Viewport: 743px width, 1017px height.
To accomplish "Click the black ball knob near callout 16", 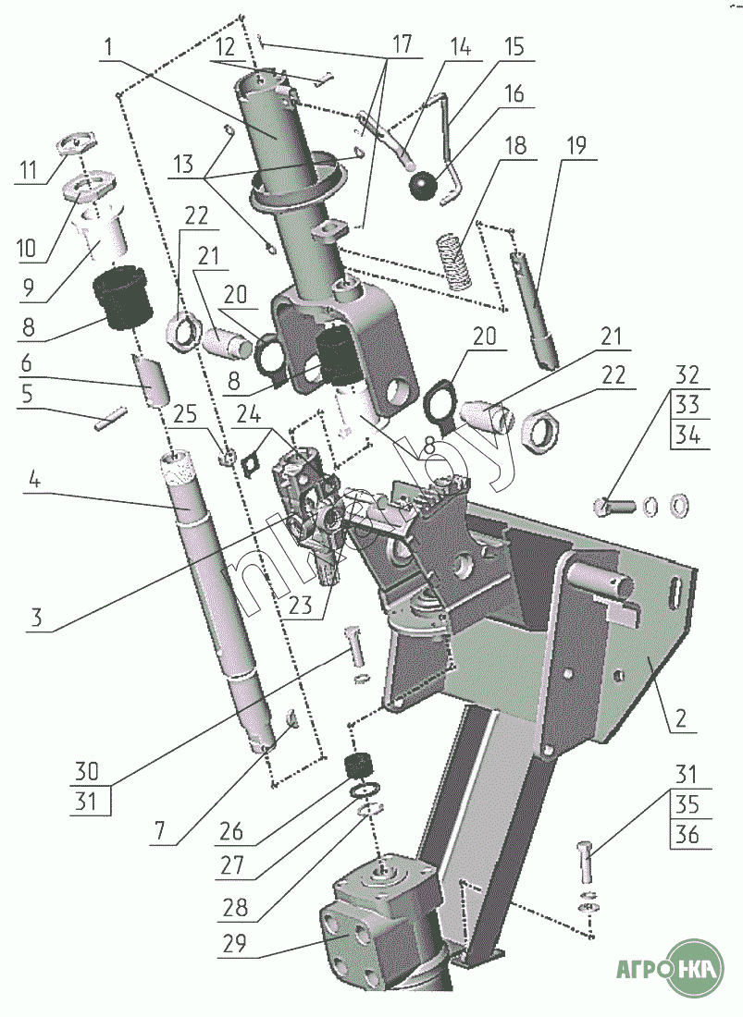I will coord(423,186).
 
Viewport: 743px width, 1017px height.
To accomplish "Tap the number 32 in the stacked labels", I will coord(686,376).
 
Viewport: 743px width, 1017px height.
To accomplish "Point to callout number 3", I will coord(36,618).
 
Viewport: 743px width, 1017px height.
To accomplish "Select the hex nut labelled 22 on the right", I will coord(539,431).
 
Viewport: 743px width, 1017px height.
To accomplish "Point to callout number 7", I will coord(160,830).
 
